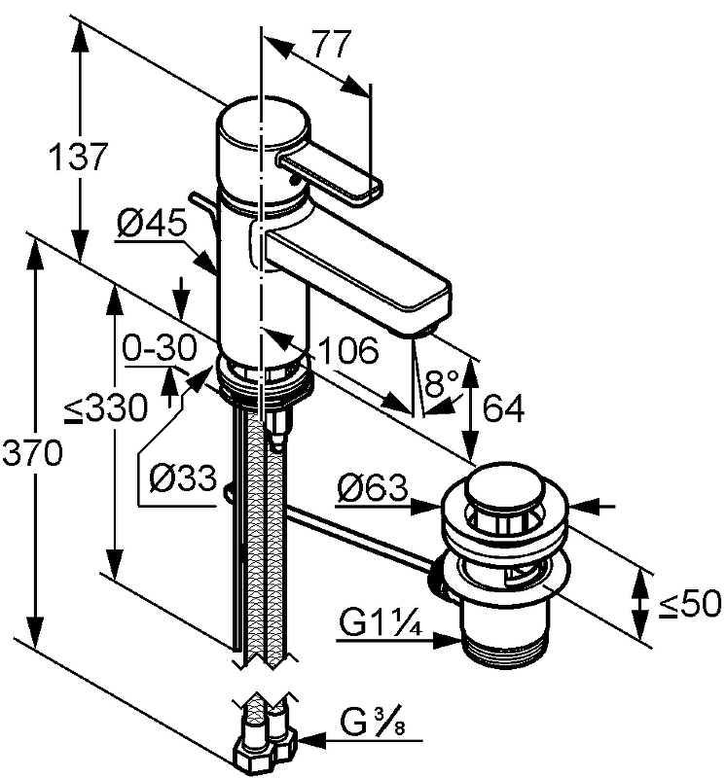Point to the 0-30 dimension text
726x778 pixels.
[x=160, y=347]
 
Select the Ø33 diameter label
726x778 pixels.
[x=183, y=477]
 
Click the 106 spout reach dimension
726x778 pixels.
[x=346, y=350]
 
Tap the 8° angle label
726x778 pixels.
[x=442, y=383]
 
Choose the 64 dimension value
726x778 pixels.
[x=502, y=410]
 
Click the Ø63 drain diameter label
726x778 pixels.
[x=373, y=489]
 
